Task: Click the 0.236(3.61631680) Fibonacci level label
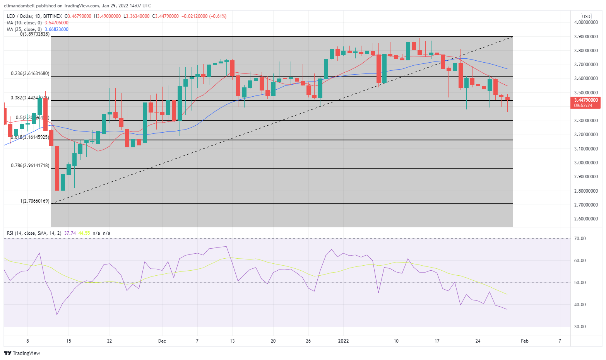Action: coord(30,73)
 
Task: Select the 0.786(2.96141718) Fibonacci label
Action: coord(30,165)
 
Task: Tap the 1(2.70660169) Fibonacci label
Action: coord(35,201)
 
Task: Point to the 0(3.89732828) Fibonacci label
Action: coord(35,34)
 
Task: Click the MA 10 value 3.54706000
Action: coord(56,23)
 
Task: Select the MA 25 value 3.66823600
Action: coord(56,29)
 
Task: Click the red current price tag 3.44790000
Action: coord(586,100)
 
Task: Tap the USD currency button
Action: coord(586,16)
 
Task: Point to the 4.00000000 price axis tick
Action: coord(586,22)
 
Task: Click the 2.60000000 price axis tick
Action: coord(586,219)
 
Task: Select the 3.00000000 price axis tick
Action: coord(586,163)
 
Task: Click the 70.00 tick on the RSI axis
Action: coord(580,239)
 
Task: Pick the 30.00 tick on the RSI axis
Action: coord(580,327)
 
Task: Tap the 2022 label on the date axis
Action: coord(343,341)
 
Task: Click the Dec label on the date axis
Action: coord(162,341)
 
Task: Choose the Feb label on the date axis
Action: coord(524,341)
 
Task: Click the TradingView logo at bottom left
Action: coord(22,353)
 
